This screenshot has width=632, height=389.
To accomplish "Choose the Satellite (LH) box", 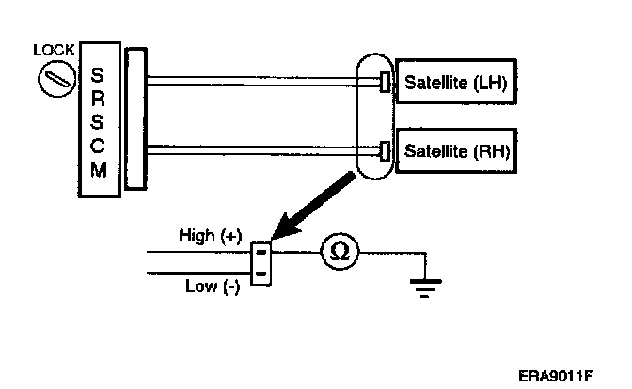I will click(455, 83).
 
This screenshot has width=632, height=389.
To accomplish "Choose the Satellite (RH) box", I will click(455, 149).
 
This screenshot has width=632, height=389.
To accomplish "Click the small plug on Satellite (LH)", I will click(386, 83).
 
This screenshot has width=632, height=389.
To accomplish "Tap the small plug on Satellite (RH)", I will click(386, 149).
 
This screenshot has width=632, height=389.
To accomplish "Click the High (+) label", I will click(210, 237).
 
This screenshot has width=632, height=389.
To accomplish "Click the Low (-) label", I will click(213, 287).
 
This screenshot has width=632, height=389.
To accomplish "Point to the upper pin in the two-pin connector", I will click(262, 252).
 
